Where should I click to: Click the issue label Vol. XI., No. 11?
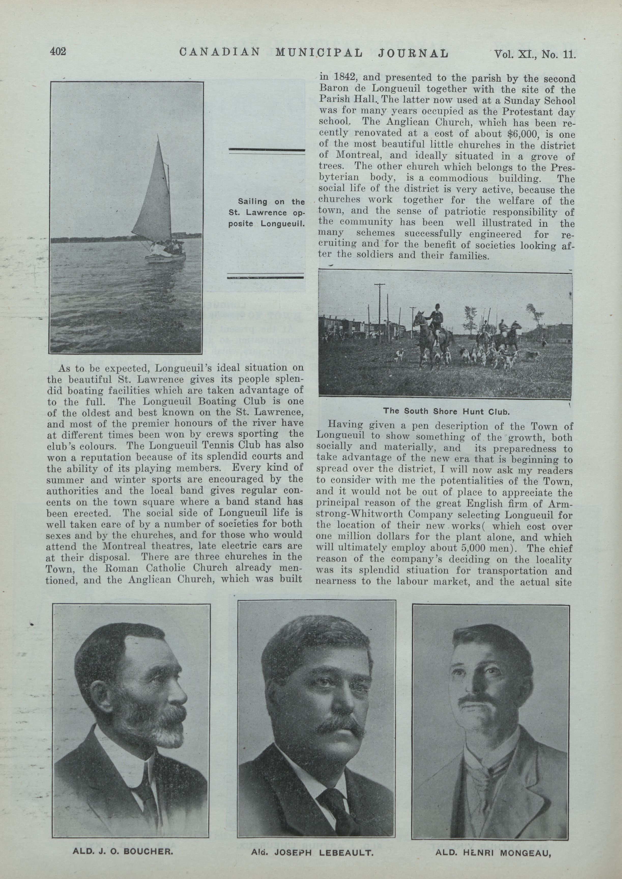point(535,54)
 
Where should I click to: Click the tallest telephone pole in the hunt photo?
point(380,310)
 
